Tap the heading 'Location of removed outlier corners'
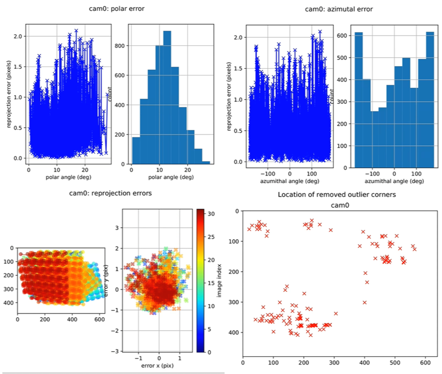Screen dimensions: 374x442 [x=337, y=195]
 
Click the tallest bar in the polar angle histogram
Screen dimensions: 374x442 [x=167, y=98]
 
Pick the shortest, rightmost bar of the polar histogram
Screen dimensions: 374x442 [x=206, y=162]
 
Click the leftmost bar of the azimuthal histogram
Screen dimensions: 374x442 [x=359, y=98]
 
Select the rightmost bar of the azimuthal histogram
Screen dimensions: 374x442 [x=430, y=98]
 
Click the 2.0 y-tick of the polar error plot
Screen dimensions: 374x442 [x=19, y=36]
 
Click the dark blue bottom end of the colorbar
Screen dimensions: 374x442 [x=201, y=350]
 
